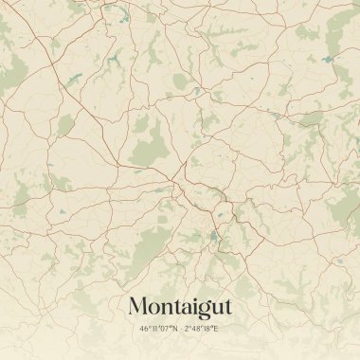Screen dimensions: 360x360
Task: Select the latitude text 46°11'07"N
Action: [x=158, y=329]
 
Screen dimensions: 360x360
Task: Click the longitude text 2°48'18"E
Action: [x=201, y=329]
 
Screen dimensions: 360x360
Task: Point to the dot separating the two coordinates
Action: [x=180, y=329]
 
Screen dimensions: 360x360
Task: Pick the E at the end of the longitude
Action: [x=215, y=329]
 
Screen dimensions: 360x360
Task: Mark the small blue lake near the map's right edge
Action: [x=328, y=60]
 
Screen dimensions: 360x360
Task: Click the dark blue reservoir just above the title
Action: [x=214, y=237]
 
